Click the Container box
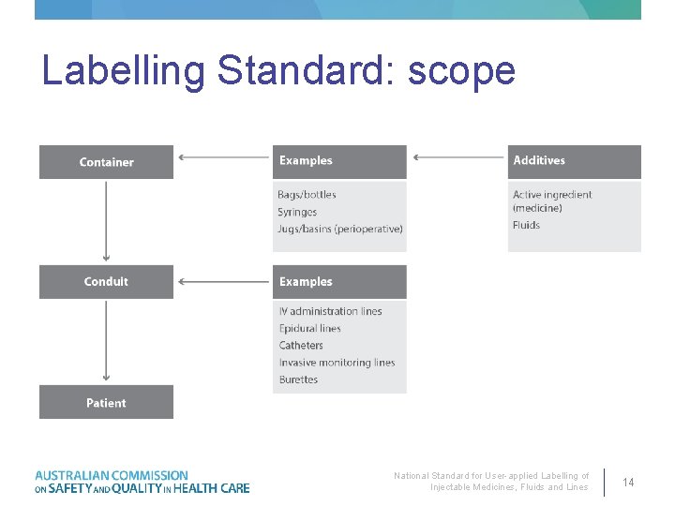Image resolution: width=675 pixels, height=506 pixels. [x=106, y=162]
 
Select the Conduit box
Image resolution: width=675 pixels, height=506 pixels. [x=106, y=282]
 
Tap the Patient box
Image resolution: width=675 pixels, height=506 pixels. [x=106, y=402]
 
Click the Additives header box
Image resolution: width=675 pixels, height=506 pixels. [x=574, y=161]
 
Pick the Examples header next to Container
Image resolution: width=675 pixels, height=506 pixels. [x=339, y=161]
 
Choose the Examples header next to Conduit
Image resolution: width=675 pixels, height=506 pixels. [x=339, y=282]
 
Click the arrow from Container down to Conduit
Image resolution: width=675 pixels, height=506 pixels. [x=106, y=221]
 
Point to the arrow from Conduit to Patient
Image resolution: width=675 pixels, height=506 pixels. [x=106, y=341]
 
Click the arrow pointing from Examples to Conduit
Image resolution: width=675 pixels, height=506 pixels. [x=223, y=280]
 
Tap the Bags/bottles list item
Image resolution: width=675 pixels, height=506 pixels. [x=307, y=195]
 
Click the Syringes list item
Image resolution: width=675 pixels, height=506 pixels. [x=297, y=213]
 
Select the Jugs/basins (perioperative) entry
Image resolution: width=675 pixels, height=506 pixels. [x=340, y=230]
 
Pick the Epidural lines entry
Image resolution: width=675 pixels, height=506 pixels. [x=309, y=329]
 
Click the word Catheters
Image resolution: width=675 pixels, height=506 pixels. [x=301, y=346]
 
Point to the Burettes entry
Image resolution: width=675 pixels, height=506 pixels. [x=298, y=379]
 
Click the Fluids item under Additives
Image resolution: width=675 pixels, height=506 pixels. [x=526, y=225]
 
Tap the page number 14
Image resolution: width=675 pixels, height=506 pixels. [x=628, y=482]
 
